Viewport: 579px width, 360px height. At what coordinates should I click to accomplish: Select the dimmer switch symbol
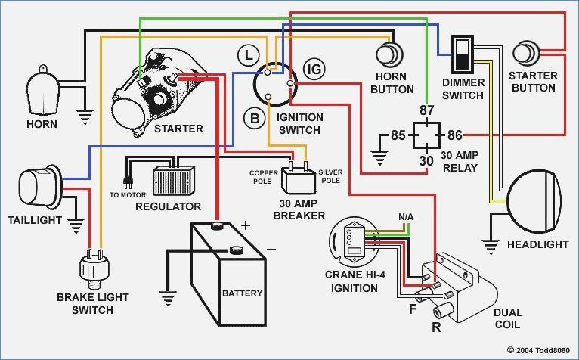pos(463,54)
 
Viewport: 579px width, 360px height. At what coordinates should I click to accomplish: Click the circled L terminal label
pos(249,56)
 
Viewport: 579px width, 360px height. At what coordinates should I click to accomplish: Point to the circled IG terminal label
pos(314,69)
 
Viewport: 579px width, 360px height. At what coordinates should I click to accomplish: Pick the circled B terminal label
pos(255,119)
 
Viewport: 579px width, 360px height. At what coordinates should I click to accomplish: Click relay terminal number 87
pos(426,110)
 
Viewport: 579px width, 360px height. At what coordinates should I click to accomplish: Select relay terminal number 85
pos(398,135)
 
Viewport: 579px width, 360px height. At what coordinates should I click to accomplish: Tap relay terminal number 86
pos(455,135)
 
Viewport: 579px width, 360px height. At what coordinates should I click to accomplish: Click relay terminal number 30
pos(426,161)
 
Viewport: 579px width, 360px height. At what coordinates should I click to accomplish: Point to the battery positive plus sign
pos(246,225)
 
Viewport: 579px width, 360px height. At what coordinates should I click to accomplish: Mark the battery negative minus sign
pos(271,250)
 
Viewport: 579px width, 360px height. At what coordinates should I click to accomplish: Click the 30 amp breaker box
pos(299,180)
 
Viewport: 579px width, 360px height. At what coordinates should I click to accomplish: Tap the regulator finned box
pos(174,181)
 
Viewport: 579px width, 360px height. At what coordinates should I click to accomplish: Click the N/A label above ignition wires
pos(406,217)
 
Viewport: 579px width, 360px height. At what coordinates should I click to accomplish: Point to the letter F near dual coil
pos(413,309)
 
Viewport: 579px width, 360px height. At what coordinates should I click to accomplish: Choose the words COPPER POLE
pos(264,177)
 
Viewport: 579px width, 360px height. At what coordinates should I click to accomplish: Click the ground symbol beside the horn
pos(85,116)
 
